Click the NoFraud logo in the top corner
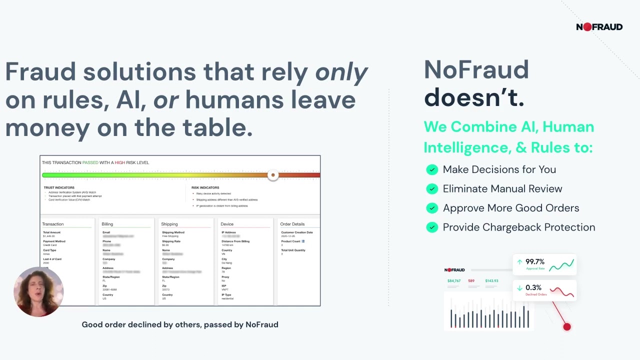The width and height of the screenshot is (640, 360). pyautogui.click(x=599, y=27)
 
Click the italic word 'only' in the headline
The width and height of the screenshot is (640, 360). pyautogui.click(x=341, y=72)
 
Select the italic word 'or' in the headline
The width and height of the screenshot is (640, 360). pyautogui.click(x=165, y=100)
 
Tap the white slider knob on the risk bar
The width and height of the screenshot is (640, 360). pyautogui.click(x=273, y=175)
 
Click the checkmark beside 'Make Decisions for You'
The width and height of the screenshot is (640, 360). pyautogui.click(x=432, y=169)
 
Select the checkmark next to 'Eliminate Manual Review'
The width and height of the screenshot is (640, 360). pyautogui.click(x=432, y=189)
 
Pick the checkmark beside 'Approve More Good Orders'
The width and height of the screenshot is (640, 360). pyautogui.click(x=432, y=208)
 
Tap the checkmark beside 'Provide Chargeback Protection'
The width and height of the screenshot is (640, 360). pyautogui.click(x=432, y=227)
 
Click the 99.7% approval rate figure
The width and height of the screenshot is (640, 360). pyautogui.click(x=534, y=261)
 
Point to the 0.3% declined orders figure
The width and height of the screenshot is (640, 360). pyautogui.click(x=533, y=287)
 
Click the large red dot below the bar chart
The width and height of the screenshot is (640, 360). pyautogui.click(x=566, y=327)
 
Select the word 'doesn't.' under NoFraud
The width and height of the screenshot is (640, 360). pyautogui.click(x=474, y=97)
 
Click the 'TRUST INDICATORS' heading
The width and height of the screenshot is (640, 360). pyautogui.click(x=59, y=188)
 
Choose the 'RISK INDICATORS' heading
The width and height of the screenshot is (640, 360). pyautogui.click(x=205, y=188)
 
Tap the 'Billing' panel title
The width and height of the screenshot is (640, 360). pyautogui.click(x=107, y=224)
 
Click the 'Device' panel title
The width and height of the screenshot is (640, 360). pyautogui.click(x=227, y=224)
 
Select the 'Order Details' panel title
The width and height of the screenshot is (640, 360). pyautogui.click(x=292, y=224)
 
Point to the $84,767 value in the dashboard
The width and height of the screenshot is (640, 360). pyautogui.click(x=454, y=281)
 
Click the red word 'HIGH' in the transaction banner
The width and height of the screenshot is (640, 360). pyautogui.click(x=119, y=162)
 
